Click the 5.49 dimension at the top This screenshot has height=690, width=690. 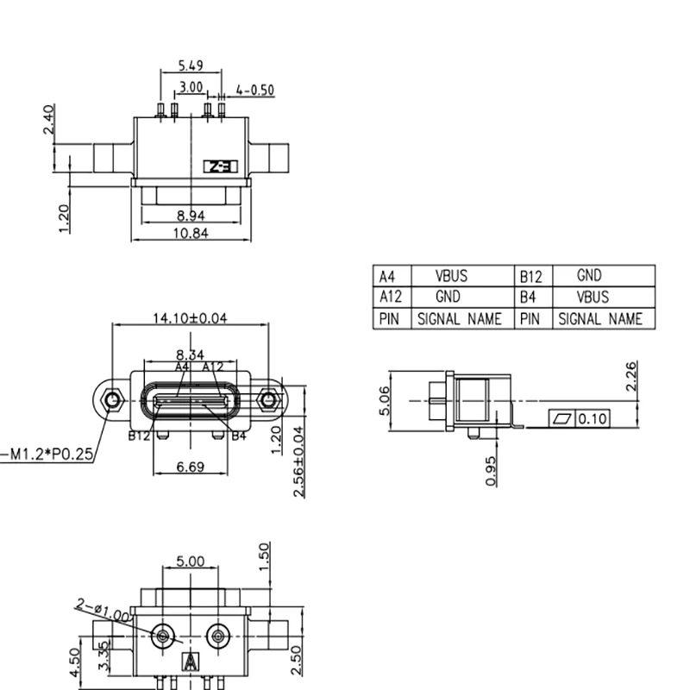pyautogui.click(x=190, y=66)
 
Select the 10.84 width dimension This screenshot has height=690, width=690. pyautogui.click(x=190, y=234)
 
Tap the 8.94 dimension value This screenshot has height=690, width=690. pyautogui.click(x=190, y=216)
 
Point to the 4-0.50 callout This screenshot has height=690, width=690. pyautogui.click(x=254, y=90)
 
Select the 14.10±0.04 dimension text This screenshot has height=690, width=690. pyautogui.click(x=190, y=318)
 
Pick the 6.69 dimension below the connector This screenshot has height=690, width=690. pyautogui.click(x=190, y=467)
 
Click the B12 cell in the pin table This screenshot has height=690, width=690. pyautogui.click(x=530, y=277)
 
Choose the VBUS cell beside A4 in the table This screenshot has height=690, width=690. pyautogui.click(x=451, y=277)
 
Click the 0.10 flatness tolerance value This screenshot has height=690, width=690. pyautogui.click(x=593, y=419)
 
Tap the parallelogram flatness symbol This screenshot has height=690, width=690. pyautogui.click(x=563, y=419)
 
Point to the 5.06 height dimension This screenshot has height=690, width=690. pyautogui.click(x=385, y=400)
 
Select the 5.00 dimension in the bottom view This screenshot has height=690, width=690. pyautogui.click(x=190, y=561)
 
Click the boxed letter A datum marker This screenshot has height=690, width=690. pyautogui.click(x=190, y=663)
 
